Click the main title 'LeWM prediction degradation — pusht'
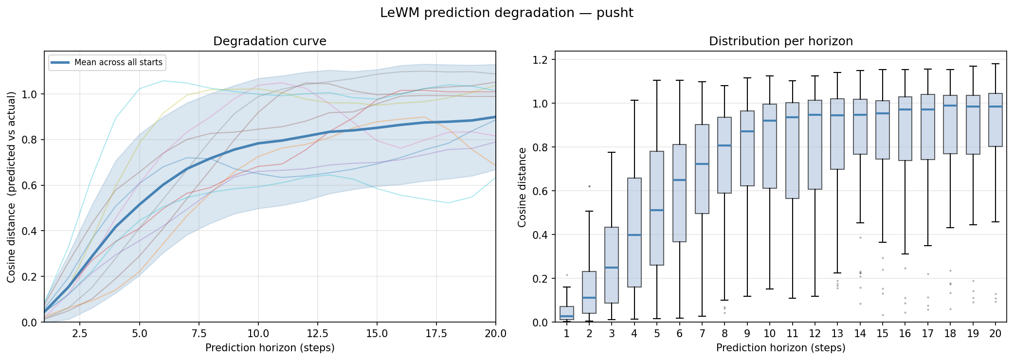507,13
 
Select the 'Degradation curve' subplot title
270,41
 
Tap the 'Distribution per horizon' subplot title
780,41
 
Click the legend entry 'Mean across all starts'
118,62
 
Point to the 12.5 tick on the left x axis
317,334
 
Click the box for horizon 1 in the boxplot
567,313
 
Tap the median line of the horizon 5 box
657,210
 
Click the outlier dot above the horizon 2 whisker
589,186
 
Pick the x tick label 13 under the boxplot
837,334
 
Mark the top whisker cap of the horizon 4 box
634,100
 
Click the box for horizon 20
996,120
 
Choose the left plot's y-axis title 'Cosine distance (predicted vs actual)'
11,187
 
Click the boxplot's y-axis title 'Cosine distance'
522,187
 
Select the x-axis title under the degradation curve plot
270,348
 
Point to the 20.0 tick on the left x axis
495,334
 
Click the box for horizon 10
770,146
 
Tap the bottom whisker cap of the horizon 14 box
860,223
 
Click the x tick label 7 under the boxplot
702,334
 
